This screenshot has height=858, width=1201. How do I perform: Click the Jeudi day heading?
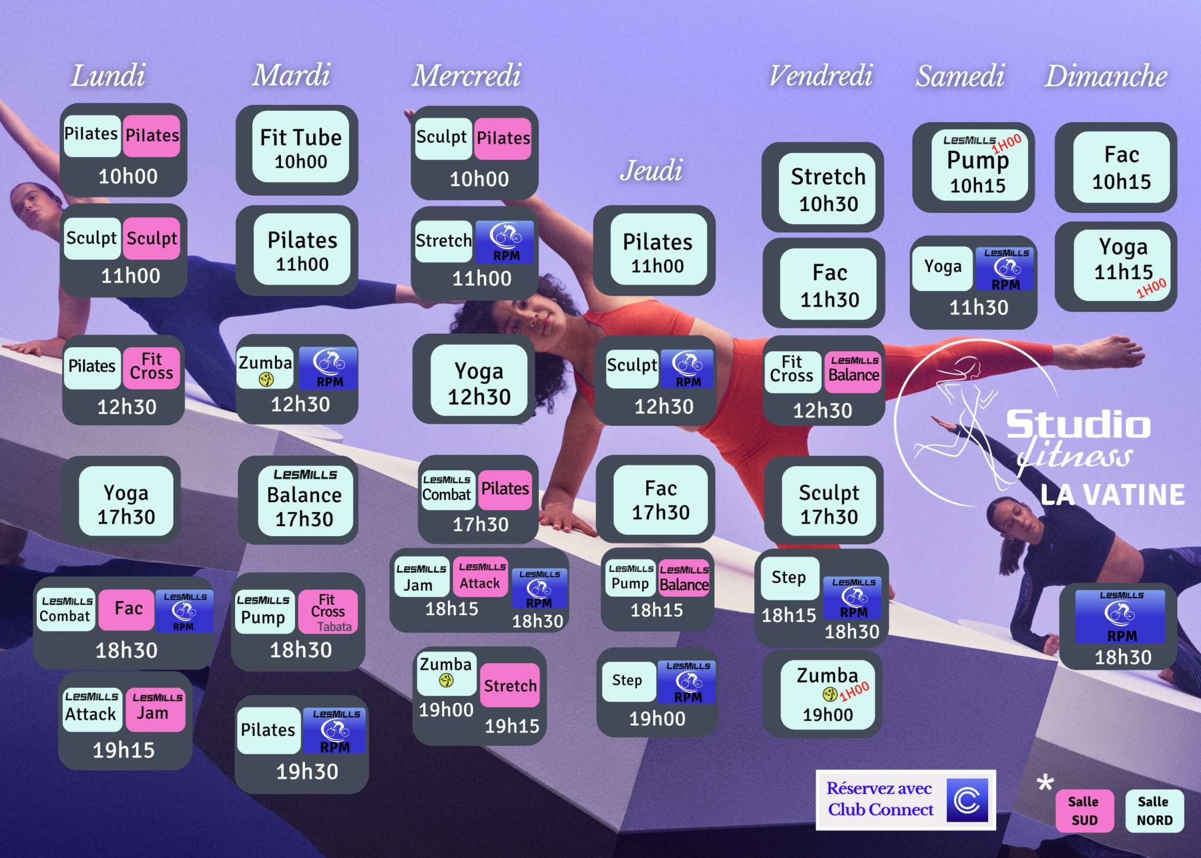click(x=652, y=171)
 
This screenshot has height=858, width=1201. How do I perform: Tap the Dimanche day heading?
click(x=1106, y=76)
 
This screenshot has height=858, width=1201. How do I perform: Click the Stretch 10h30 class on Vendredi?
click(x=828, y=188)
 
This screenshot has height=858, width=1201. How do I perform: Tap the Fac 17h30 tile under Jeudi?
click(x=661, y=500)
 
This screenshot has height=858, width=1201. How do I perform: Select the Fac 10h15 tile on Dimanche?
click(x=1121, y=167)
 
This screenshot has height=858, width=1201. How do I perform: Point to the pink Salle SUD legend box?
click(x=1085, y=811)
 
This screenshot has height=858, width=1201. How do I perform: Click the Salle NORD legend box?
click(x=1154, y=811)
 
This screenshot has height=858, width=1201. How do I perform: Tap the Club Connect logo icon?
click(x=967, y=800)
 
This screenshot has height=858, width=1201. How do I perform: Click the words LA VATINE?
click(x=1112, y=495)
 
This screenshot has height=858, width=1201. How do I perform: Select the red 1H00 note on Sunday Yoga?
click(x=1152, y=288)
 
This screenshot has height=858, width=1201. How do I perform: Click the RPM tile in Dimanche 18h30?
click(x=1121, y=616)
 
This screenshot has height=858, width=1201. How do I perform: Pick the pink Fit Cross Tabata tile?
click(x=328, y=612)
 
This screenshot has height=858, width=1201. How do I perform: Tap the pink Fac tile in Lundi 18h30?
click(x=127, y=609)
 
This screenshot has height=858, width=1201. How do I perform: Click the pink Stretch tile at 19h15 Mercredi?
click(x=510, y=686)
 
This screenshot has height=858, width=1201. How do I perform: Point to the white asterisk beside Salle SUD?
click(x=1045, y=783)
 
